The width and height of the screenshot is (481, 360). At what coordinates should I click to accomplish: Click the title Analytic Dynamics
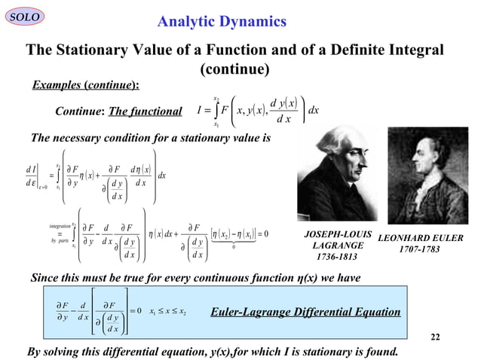[221, 21]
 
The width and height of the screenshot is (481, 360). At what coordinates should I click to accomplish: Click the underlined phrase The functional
[146, 111]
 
